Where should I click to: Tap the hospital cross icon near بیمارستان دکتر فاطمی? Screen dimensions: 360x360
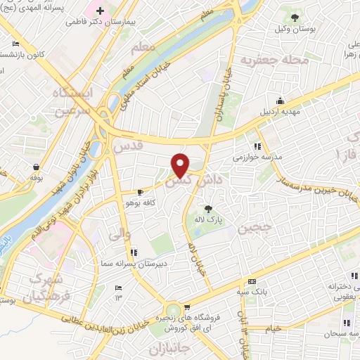pyautogui.click(x=101, y=11)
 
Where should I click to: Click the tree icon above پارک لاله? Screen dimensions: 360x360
pyautogui.click(x=208, y=208)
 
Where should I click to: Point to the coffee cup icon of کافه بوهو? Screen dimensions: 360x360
pyautogui.click(x=140, y=191)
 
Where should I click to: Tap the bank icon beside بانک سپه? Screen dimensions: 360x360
pyautogui.click(x=251, y=282)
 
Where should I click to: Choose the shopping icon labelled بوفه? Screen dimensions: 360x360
pyautogui.click(x=35, y=167)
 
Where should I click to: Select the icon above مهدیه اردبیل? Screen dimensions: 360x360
pyautogui.click(x=280, y=101)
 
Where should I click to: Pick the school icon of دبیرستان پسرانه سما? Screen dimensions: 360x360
pyautogui.click(x=134, y=251)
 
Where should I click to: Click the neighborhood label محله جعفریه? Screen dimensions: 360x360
pyautogui.click(x=274, y=60)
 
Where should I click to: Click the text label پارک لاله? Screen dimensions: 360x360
pyautogui.click(x=208, y=219)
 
